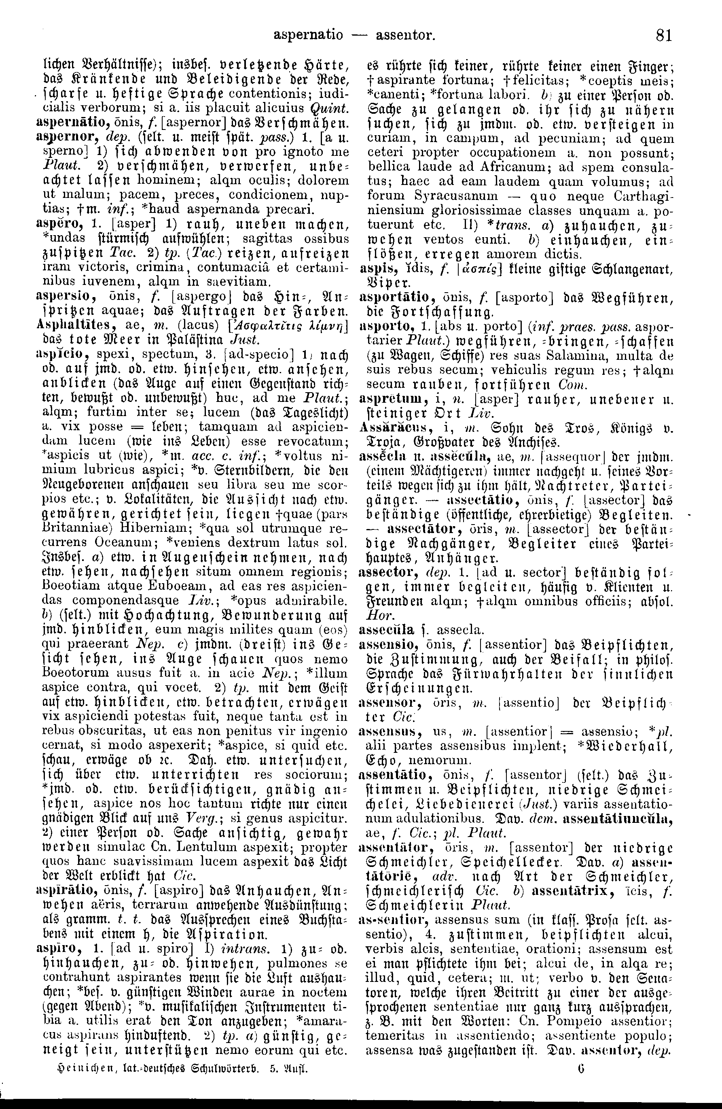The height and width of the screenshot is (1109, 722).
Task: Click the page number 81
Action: click(x=663, y=34)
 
